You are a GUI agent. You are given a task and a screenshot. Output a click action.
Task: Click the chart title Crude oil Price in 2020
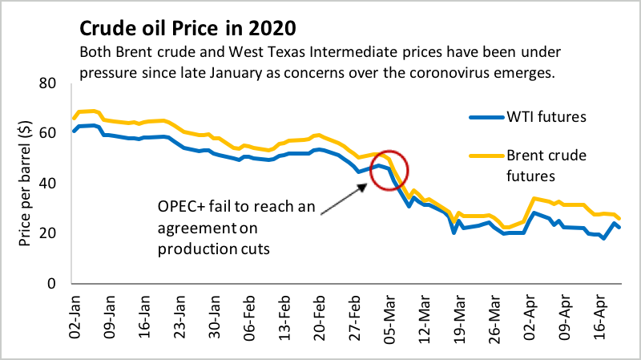click(x=187, y=29)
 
